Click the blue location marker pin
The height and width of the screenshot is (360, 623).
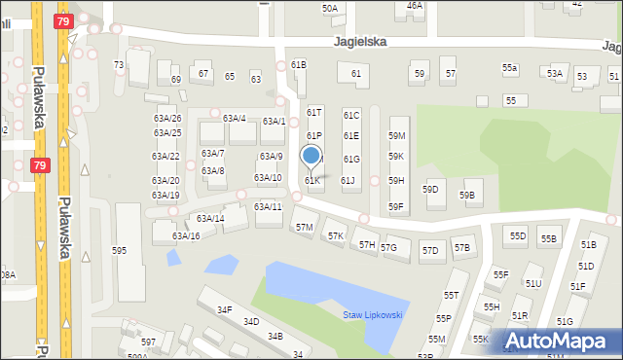pos(311,156)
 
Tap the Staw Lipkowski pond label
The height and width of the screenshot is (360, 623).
pos(373,314)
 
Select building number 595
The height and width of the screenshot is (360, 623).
pos(119,251)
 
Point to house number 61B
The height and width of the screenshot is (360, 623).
pos(299,65)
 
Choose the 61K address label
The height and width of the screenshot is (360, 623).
pos(312,181)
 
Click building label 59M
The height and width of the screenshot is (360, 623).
pos(396,136)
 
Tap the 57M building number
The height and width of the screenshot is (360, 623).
pos(305,228)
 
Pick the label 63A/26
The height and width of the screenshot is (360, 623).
pos(166,119)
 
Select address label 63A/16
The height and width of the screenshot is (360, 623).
pos(186,236)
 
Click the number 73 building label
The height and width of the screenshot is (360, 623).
pos(119,65)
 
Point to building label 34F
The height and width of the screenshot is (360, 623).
pos(225,310)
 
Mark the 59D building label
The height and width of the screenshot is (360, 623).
pos(430,189)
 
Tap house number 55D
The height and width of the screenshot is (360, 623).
pos(518,236)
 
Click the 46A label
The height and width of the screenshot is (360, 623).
pos(415,6)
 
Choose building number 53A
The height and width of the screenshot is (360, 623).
pos(555,74)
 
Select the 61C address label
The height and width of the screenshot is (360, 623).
pos(351,115)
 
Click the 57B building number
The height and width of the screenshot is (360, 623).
pos(461,249)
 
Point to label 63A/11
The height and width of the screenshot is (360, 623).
pos(268,207)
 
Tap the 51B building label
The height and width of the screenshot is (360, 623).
pos(588,245)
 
